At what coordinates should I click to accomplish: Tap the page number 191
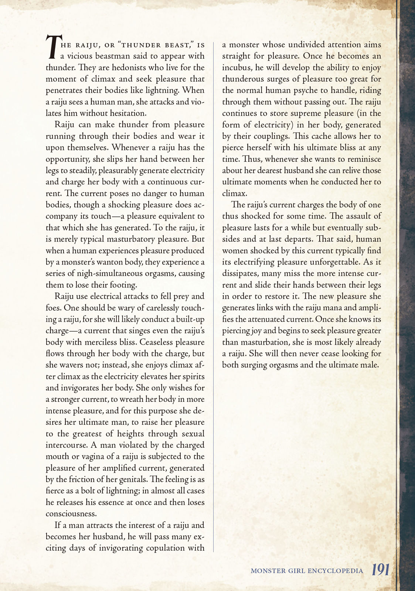[x=380, y=570]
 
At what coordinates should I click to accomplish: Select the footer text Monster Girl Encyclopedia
[x=307, y=571]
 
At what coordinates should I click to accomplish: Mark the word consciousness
[x=71, y=514]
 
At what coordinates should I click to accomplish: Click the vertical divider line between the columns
[x=214, y=295]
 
